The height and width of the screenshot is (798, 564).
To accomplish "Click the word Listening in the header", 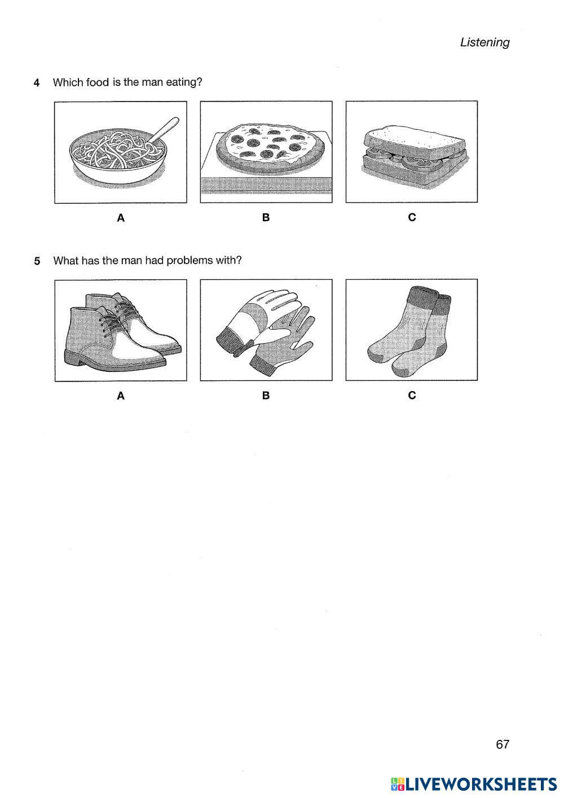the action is [484, 42].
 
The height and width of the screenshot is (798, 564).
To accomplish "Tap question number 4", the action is [37, 83].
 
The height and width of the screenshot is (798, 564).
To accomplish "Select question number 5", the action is [37, 261].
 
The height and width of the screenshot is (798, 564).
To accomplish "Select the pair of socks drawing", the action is [409, 330].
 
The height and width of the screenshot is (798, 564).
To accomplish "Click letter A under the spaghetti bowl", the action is [120, 218].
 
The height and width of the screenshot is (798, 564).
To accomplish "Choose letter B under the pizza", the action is [266, 217].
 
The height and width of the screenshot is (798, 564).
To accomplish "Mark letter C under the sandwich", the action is [412, 217].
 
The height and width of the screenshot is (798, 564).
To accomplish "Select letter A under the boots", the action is [120, 396].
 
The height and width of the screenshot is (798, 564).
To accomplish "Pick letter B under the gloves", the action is [266, 396].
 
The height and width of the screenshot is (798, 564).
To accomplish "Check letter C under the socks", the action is [412, 396].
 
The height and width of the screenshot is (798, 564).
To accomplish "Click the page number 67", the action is [503, 744].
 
